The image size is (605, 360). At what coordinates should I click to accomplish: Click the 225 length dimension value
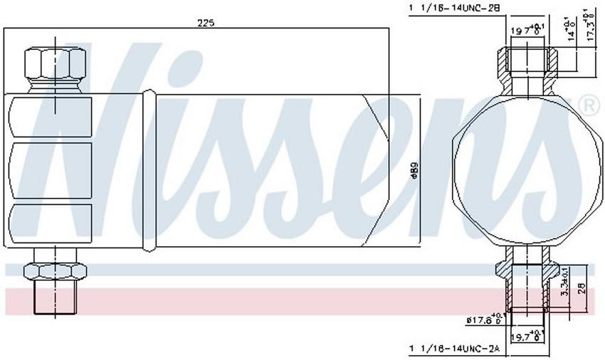pos(206,22)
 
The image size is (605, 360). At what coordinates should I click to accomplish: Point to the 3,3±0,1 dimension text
pos(564,282)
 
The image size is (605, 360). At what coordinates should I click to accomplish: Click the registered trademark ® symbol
pos(590,106)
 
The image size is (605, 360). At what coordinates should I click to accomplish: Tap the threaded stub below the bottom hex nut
pos(54,297)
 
